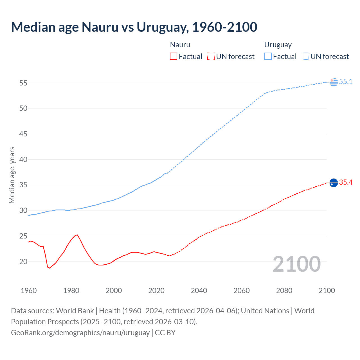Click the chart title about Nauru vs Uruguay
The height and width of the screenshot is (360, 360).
click(134, 27)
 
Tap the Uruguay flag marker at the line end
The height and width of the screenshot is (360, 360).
click(334, 82)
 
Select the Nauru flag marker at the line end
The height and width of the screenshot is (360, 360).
click(334, 183)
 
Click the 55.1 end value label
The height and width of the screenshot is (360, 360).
click(346, 82)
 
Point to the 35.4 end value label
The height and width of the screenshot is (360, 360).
click(346, 183)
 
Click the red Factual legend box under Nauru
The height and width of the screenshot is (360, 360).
click(174, 57)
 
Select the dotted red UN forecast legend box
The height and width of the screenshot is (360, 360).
click(211, 57)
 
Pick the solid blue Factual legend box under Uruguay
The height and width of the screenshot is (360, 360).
click(268, 57)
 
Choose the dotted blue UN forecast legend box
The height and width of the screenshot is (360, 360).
click(305, 57)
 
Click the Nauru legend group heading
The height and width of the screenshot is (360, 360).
click(180, 45)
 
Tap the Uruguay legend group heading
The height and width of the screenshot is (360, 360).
click(278, 45)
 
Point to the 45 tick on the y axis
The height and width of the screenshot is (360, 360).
click(23, 134)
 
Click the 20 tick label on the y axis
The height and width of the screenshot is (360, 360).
click(23, 262)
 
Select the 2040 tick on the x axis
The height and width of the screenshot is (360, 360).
click(199, 291)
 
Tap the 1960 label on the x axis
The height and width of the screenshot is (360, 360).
click(29, 291)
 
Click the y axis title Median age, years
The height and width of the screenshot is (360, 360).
click(12, 175)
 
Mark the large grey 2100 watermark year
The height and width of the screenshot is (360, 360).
click(296, 264)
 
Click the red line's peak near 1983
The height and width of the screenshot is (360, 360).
click(77, 235)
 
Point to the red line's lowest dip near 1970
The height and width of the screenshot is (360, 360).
click(49, 268)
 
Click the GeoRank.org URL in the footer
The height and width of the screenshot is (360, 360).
click(80, 333)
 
